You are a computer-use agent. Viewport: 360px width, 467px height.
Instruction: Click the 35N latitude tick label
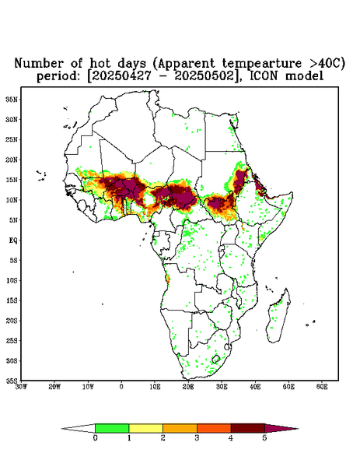pyautogui.click(x=12, y=100)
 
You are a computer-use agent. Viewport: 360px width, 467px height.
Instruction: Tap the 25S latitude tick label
pyautogui.click(x=12, y=340)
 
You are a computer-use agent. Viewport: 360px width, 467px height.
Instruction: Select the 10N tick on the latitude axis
pyautogui.click(x=12, y=200)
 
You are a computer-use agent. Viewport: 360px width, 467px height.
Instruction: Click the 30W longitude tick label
pyautogui.click(x=21, y=387)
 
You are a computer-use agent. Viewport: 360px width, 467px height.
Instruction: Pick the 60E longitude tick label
pyautogui.click(x=322, y=387)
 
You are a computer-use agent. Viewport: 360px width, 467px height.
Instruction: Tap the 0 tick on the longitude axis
pyautogui.click(x=121, y=387)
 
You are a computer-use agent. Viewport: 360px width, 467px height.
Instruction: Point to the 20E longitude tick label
pyautogui.click(x=188, y=387)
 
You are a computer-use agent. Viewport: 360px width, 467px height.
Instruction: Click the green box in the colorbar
pyautogui.click(x=112, y=428)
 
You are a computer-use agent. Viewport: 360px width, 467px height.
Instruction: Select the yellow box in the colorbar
pyautogui.click(x=145, y=428)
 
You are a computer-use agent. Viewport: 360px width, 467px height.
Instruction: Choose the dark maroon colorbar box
pyautogui.click(x=248, y=428)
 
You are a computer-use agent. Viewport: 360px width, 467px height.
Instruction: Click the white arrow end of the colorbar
pyautogui.click(x=79, y=428)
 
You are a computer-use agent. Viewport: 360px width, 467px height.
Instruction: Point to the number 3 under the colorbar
pyautogui.click(x=197, y=438)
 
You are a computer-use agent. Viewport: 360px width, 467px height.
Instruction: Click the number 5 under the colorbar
pyautogui.click(x=264, y=438)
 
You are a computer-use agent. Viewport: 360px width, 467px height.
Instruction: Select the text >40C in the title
pyautogui.click(x=327, y=63)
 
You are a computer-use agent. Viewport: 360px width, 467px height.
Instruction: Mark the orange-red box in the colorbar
pyautogui.click(x=214, y=428)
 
